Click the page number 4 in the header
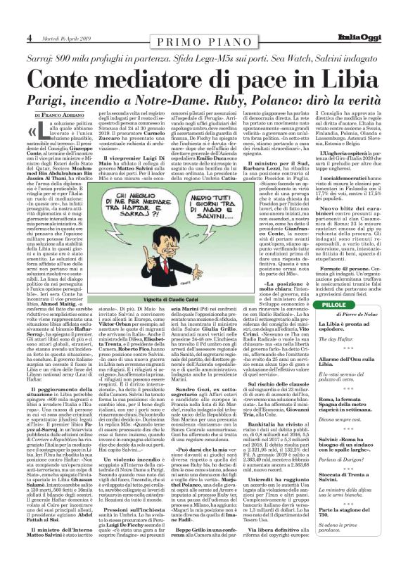coord(11,37)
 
